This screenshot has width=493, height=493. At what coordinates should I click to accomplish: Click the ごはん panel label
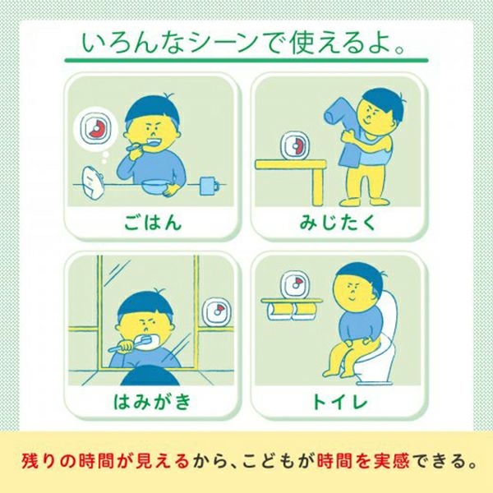(x=153, y=223)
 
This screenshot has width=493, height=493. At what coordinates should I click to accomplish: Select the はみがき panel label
(x=152, y=401)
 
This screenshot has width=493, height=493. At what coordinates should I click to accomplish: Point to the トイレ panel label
(x=339, y=401)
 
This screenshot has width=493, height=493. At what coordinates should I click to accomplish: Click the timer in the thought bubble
(x=95, y=129)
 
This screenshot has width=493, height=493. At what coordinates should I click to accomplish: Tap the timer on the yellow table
(x=295, y=146)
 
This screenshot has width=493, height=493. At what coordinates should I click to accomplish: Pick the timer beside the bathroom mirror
(x=217, y=311)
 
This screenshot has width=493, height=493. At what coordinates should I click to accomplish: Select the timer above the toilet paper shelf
(x=295, y=285)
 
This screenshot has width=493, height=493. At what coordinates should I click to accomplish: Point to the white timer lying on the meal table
(x=93, y=183)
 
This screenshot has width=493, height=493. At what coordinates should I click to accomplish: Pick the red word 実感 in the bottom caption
(x=391, y=461)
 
